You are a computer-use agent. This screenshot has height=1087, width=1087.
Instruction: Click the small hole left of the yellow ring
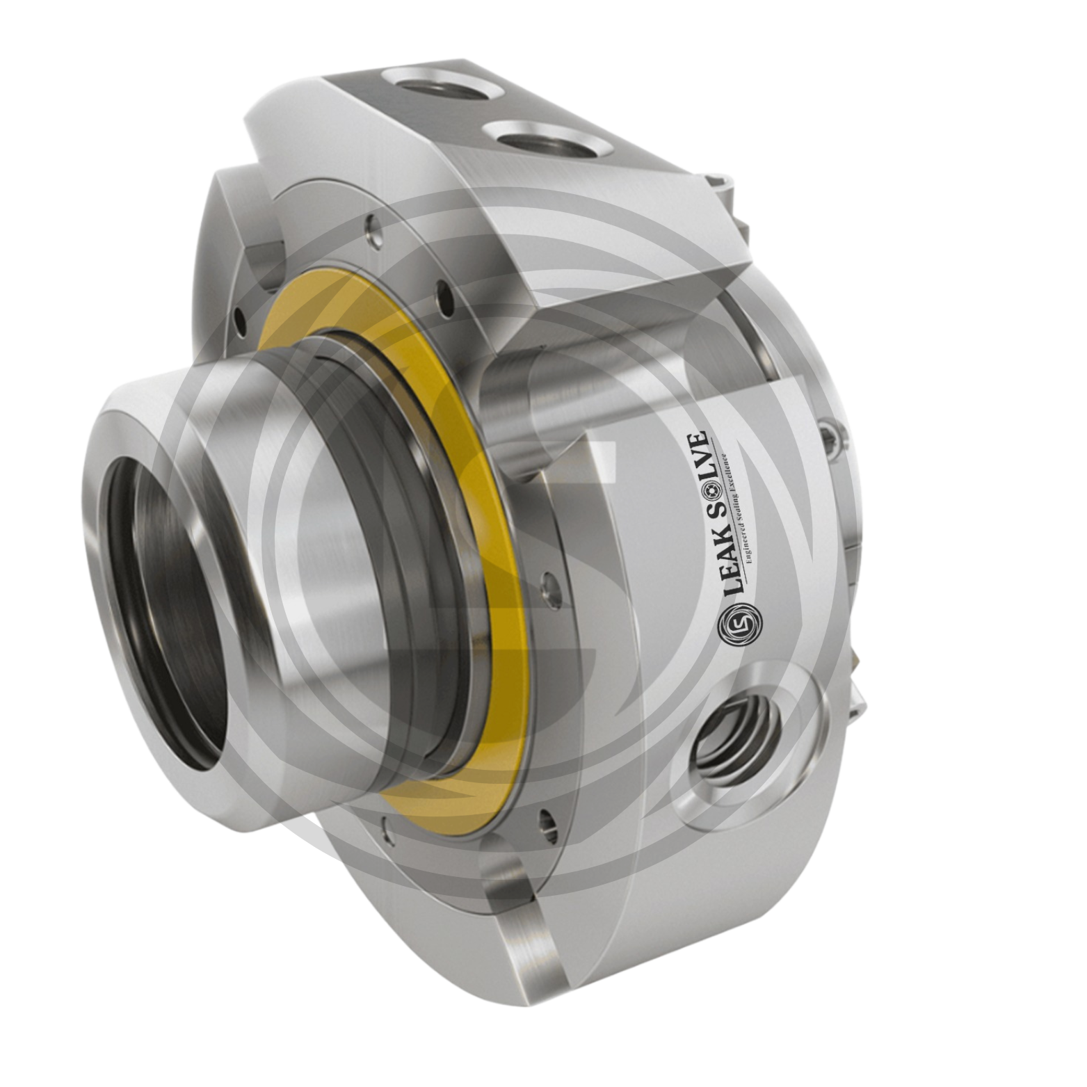click(241, 321)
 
